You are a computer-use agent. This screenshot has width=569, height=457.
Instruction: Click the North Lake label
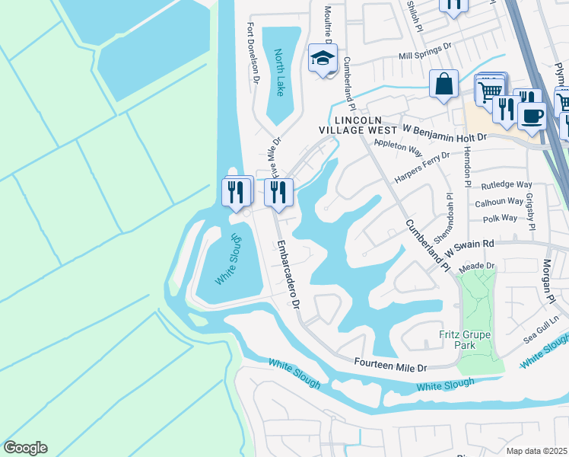click(x=279, y=73)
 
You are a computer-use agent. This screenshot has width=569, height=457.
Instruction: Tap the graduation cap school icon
click(x=323, y=58)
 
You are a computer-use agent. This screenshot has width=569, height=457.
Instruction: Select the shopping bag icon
click(x=443, y=84)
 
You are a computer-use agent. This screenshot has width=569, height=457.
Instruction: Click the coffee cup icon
click(x=532, y=116)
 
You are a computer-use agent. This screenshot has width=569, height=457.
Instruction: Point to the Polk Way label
click(x=500, y=218)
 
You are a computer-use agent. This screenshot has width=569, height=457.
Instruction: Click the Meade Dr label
click(x=479, y=266)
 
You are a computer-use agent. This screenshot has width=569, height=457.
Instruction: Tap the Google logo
click(x=25, y=448)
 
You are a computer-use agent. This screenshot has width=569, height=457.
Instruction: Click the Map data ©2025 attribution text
click(x=536, y=451)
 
